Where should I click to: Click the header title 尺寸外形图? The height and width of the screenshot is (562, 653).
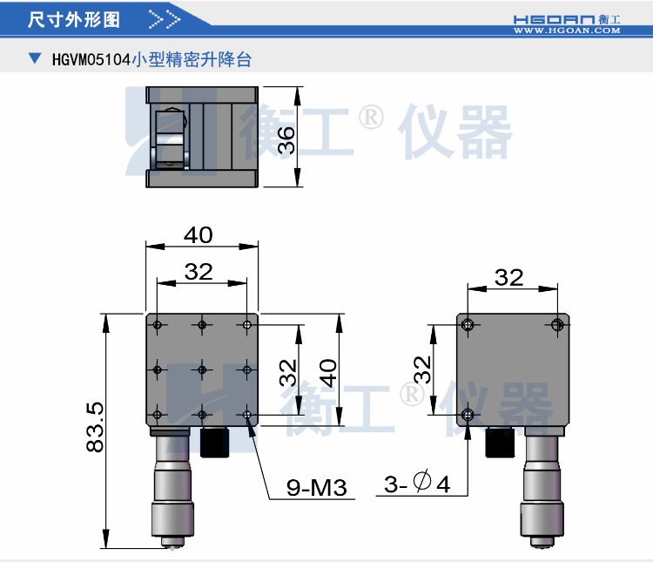[x=74, y=18]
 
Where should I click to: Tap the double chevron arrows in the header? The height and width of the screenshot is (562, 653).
[x=165, y=18]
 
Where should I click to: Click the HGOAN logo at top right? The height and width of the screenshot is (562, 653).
[x=565, y=17]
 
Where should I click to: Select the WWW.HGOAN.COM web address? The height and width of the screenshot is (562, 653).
[x=566, y=30]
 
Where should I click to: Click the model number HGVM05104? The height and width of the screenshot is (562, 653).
[x=91, y=60]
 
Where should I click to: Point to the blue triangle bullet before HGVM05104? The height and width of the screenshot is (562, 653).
[x=34, y=59]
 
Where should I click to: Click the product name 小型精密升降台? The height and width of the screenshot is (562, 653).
[x=192, y=60]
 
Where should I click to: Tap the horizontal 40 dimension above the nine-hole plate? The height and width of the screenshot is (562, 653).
[x=199, y=235]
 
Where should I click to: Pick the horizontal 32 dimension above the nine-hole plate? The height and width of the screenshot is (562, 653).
[x=199, y=272]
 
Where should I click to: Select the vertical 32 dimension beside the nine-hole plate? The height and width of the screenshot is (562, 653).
[x=288, y=372]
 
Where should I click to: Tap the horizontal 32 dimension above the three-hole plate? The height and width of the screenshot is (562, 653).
[x=509, y=277]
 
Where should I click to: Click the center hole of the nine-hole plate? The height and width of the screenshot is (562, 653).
[x=202, y=369]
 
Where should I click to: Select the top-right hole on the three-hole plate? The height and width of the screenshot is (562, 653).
[x=557, y=325]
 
